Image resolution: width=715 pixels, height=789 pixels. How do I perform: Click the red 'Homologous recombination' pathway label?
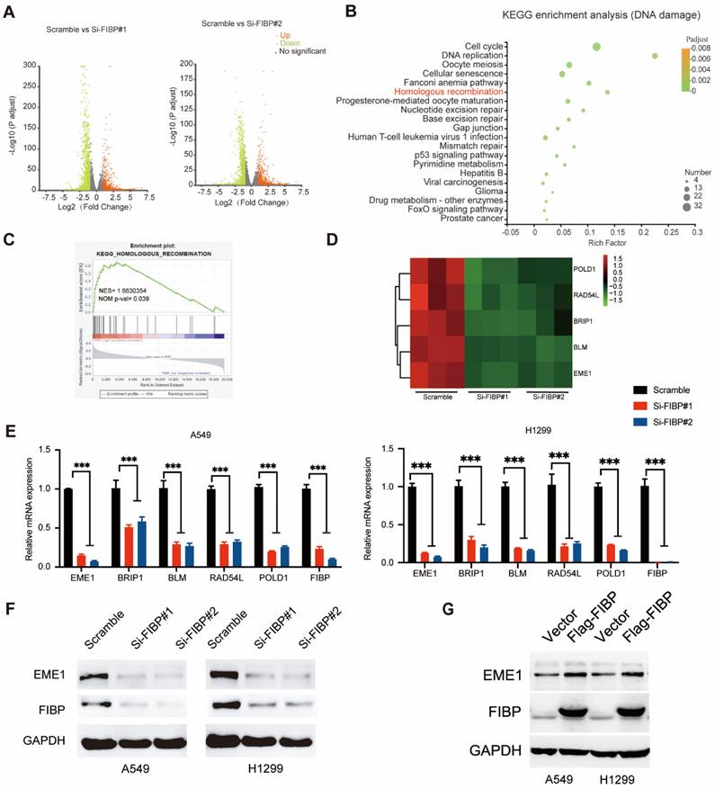[443, 91]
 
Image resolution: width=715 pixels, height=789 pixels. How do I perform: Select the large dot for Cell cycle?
[596, 46]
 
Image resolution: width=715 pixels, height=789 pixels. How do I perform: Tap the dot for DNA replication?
[655, 56]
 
